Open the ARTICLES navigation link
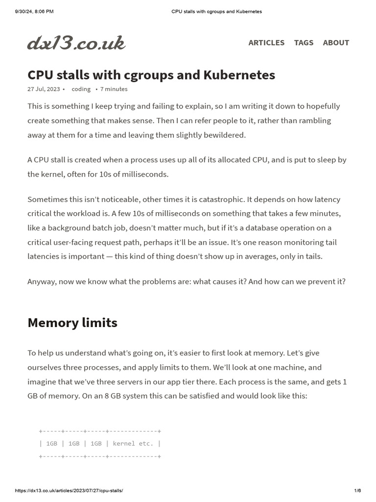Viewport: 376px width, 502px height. (266, 43)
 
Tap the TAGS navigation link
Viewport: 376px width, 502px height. (304, 43)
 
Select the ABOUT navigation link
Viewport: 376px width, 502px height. (336, 43)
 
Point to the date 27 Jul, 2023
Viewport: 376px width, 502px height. (44, 89)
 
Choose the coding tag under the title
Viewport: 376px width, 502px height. (81, 89)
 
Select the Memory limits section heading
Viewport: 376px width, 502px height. (72, 323)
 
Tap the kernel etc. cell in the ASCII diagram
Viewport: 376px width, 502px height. (133, 443)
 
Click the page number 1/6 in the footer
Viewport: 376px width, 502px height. (357, 491)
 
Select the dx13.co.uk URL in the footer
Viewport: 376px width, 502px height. (69, 491)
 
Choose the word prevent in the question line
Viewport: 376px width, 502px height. (321, 281)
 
